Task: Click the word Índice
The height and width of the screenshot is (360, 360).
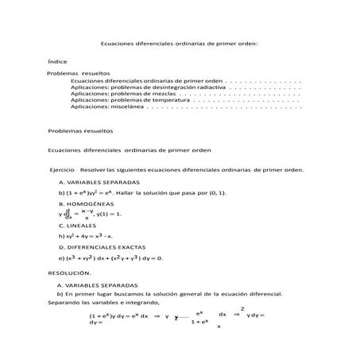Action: click(x=56, y=60)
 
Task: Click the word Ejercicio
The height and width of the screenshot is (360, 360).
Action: click(x=62, y=169)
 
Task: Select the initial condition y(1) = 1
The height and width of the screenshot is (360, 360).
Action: click(x=109, y=215)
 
